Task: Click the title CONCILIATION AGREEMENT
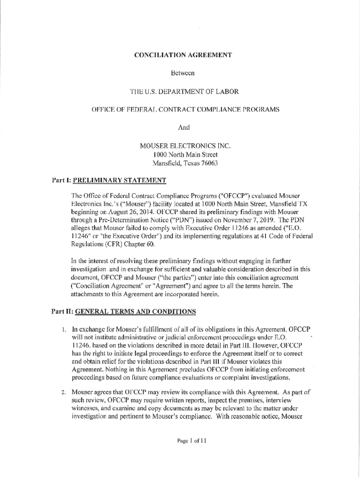pyautogui.click(x=183, y=55)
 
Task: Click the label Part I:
pyautogui.click(x=62, y=180)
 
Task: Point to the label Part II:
pyautogui.click(x=63, y=311)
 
